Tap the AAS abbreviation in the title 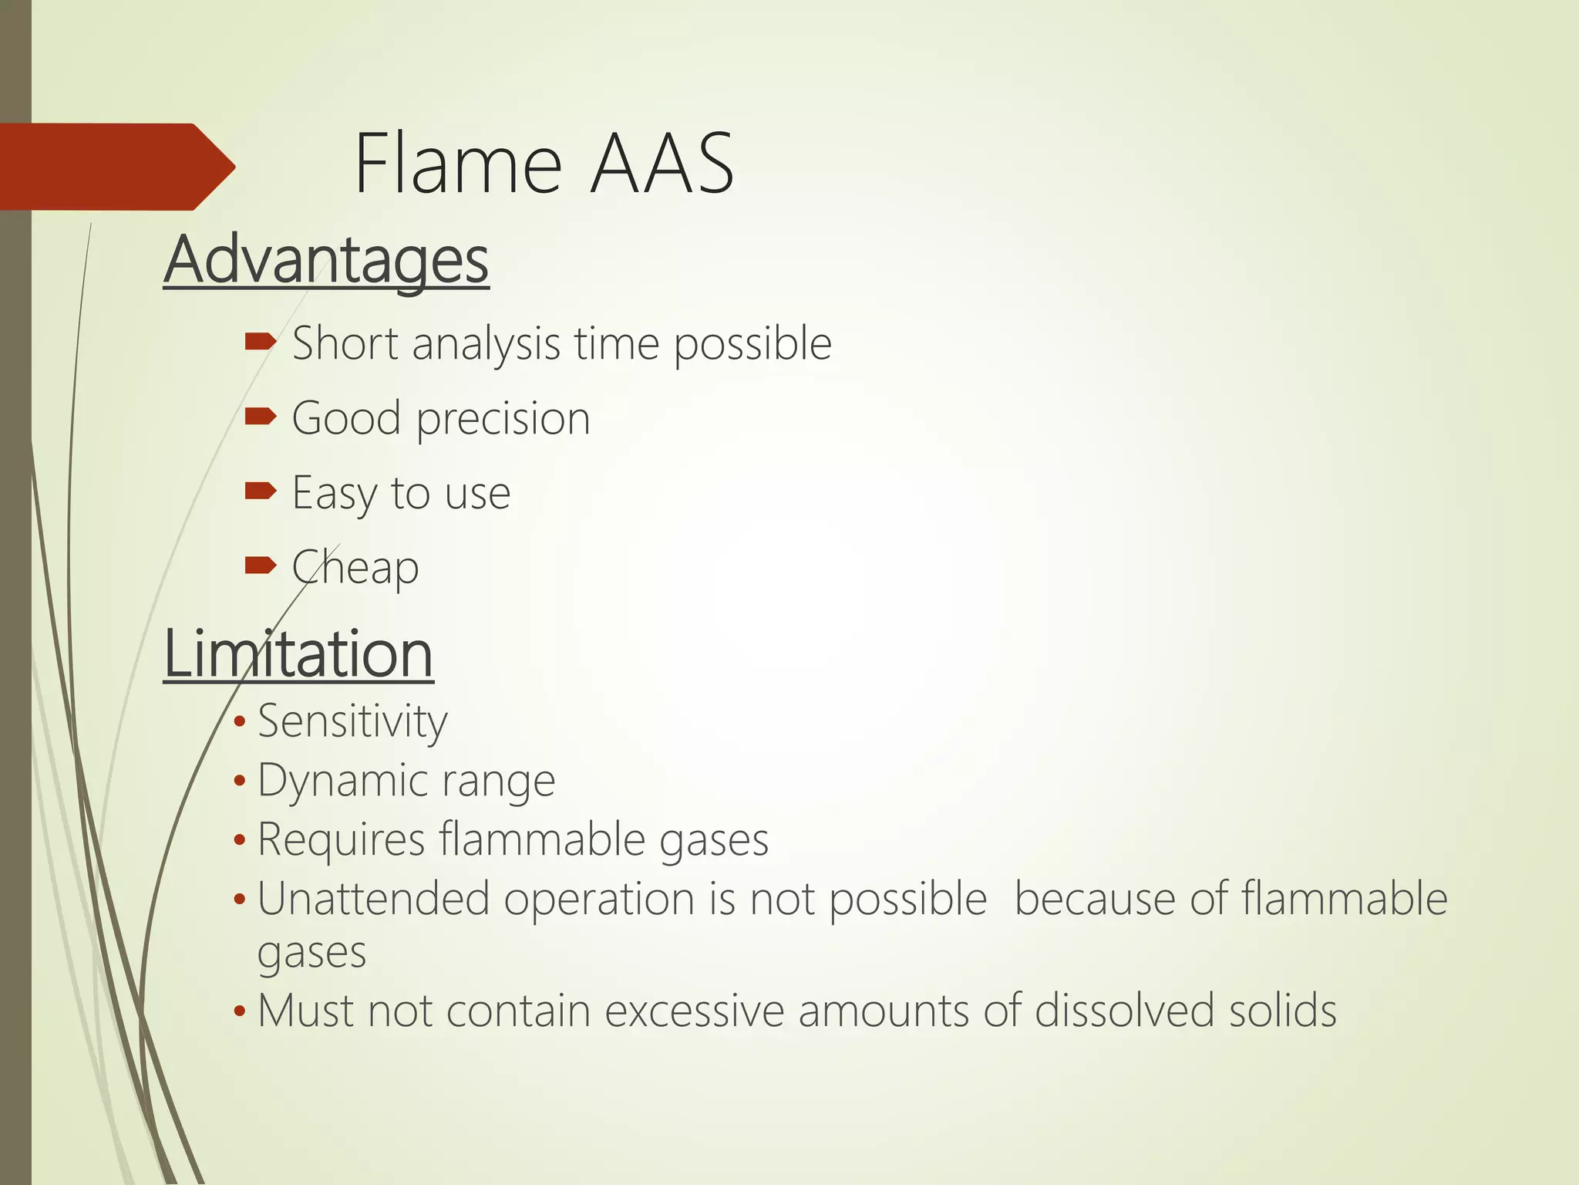click(662, 164)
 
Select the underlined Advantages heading click(326, 261)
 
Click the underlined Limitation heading click(298, 654)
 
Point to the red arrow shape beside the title click(116, 167)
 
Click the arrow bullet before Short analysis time click(260, 342)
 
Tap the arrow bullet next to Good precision click(260, 417)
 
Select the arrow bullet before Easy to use click(260, 491)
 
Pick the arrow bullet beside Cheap click(260, 565)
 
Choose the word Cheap click(355, 569)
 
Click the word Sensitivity click(352, 722)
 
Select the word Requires click(341, 839)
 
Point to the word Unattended click(373, 899)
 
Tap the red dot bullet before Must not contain click(240, 1011)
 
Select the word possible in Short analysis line click(752, 345)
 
